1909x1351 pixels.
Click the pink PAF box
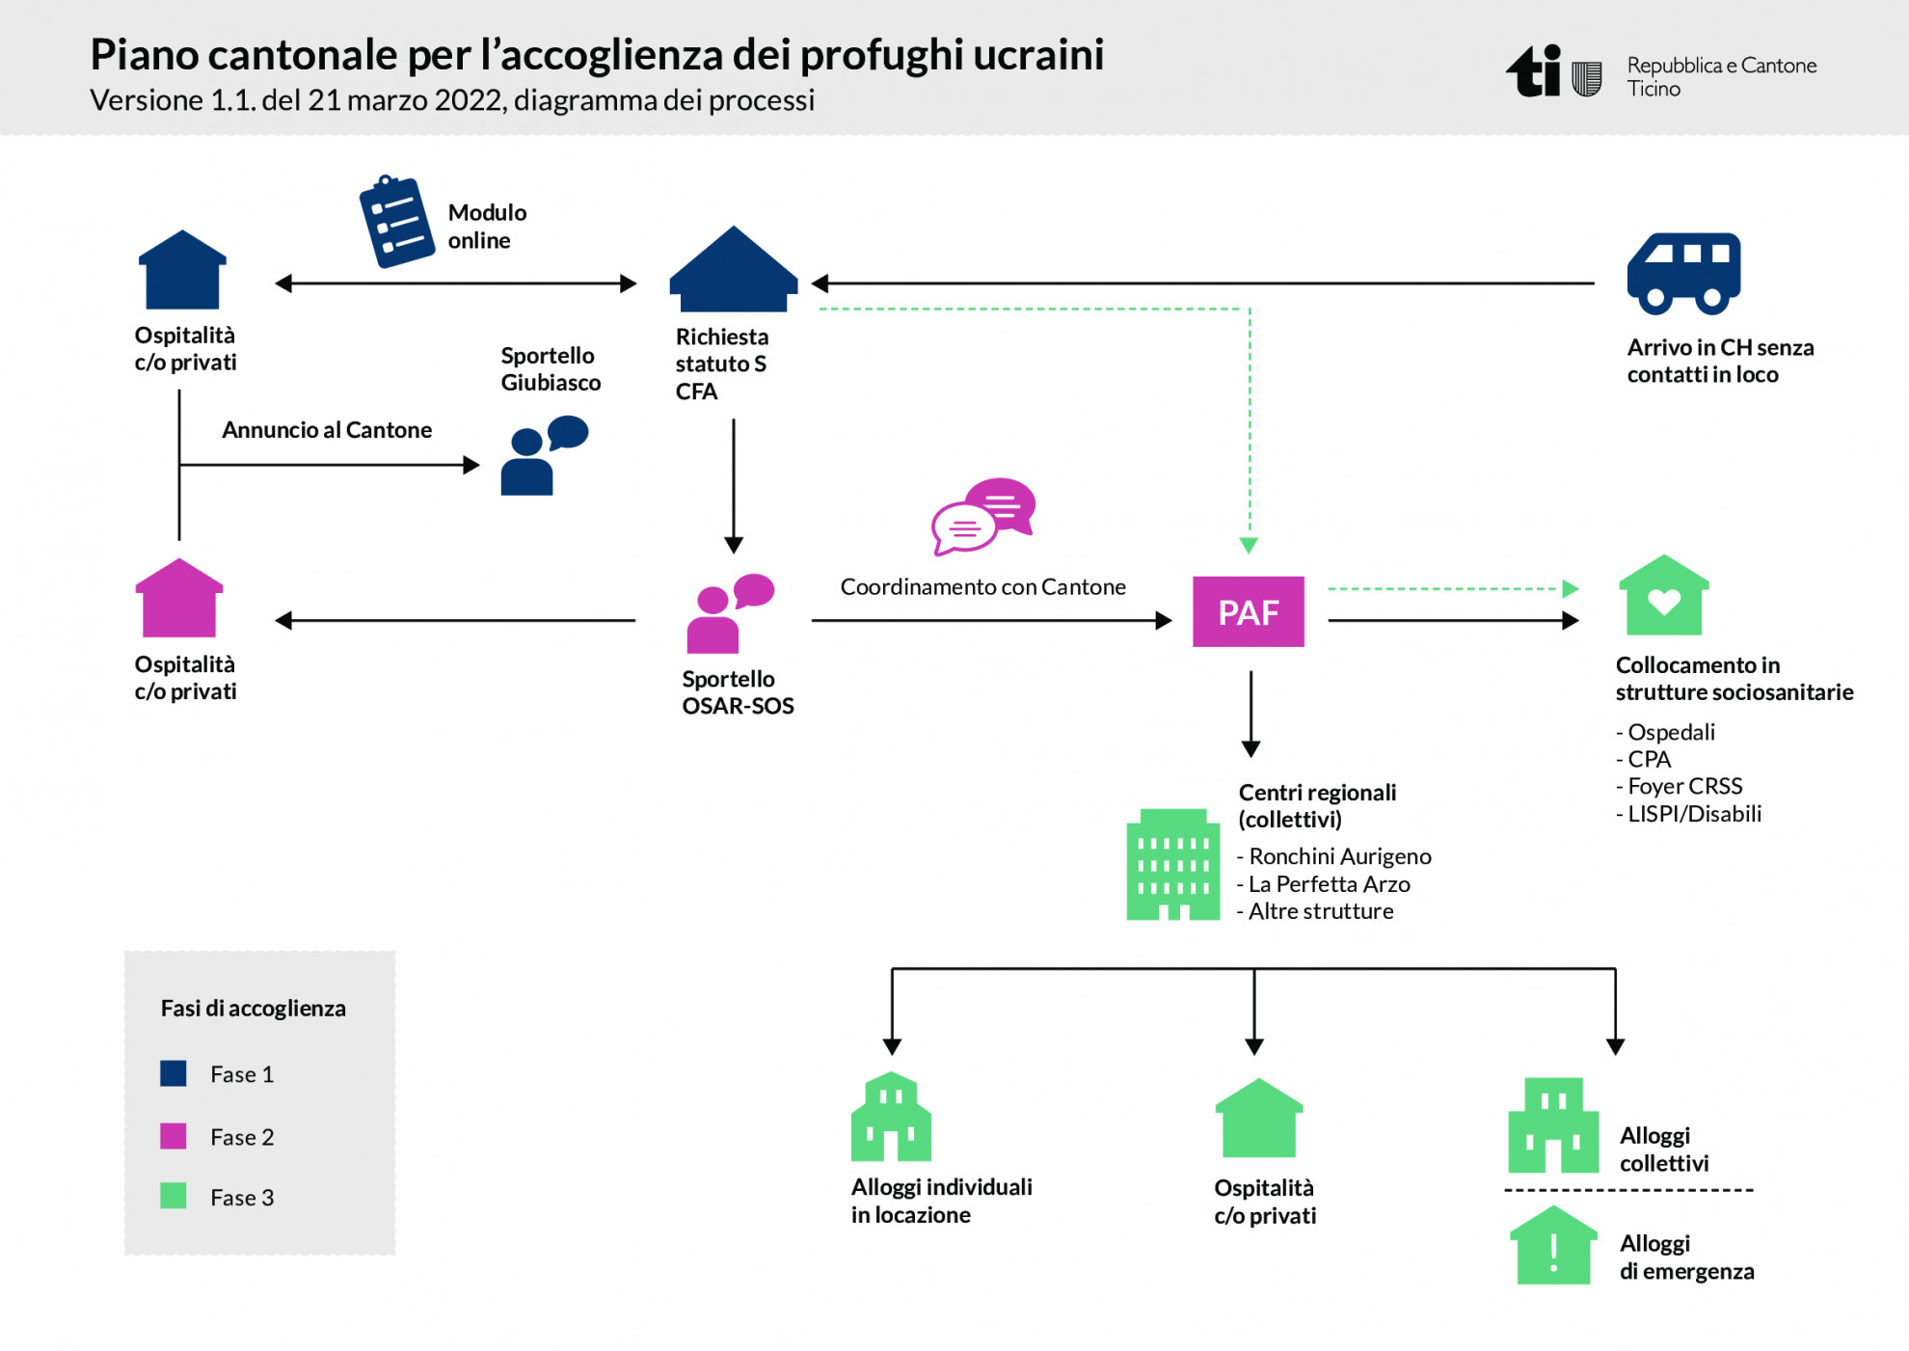point(1248,611)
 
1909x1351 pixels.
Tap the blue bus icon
point(1683,274)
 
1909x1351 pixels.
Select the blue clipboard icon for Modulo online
point(396,221)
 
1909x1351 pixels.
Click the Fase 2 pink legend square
point(174,1135)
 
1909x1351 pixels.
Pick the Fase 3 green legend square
point(174,1196)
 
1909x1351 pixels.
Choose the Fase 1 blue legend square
point(174,1073)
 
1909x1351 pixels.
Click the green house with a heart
point(1663,597)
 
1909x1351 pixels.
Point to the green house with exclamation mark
point(1552,1246)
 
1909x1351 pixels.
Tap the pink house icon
point(179,599)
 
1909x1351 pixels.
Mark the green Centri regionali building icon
point(1172,865)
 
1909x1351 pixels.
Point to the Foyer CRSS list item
point(1683,786)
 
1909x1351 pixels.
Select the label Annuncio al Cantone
point(327,430)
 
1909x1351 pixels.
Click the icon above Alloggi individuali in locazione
point(891,1117)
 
